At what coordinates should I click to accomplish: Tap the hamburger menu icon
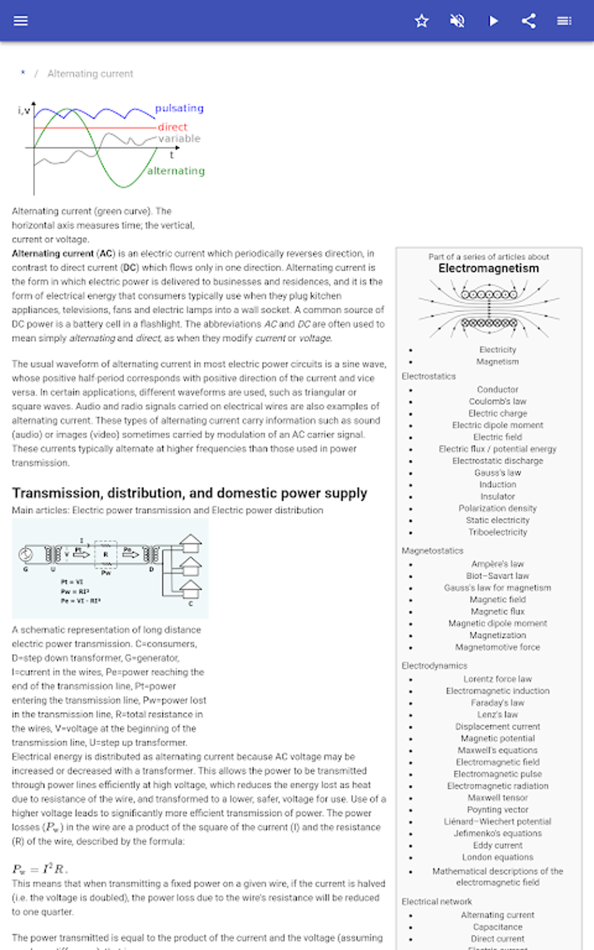click(x=20, y=21)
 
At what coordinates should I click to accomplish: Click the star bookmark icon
click(x=422, y=21)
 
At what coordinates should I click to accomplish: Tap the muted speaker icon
click(x=457, y=21)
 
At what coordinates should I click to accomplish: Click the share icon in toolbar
click(x=529, y=21)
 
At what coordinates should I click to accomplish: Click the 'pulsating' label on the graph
click(x=179, y=108)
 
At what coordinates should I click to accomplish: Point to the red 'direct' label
click(x=172, y=127)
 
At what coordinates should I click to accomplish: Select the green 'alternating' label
click(x=176, y=171)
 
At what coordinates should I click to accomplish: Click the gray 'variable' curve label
click(x=179, y=139)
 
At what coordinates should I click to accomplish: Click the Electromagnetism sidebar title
click(x=489, y=268)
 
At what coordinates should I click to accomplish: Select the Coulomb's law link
click(x=497, y=402)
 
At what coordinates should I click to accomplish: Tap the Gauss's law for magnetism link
click(x=497, y=588)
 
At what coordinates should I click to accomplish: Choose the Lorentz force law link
click(x=497, y=679)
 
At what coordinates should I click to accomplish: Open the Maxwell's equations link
click(x=497, y=750)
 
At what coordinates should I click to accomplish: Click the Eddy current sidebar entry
click(x=497, y=845)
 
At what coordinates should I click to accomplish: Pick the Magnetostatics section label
click(x=432, y=551)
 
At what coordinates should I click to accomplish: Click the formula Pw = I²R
click(x=40, y=869)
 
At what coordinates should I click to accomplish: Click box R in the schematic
click(x=105, y=555)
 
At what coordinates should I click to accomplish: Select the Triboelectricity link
click(x=497, y=532)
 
